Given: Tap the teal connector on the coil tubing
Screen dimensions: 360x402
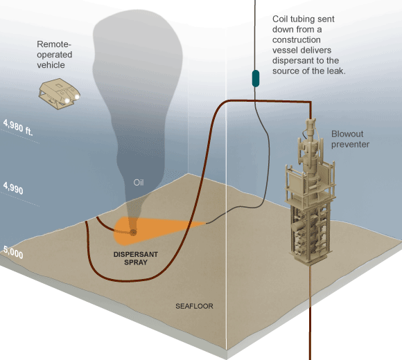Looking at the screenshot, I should coord(256,78).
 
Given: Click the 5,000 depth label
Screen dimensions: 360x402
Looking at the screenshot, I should coord(12,254).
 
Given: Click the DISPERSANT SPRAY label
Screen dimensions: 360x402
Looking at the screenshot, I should coord(136,259).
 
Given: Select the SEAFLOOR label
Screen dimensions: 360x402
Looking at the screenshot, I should coord(193,305).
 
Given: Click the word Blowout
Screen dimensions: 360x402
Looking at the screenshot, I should coord(347,134).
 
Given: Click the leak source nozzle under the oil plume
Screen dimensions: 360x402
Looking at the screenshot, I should coord(133,231).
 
